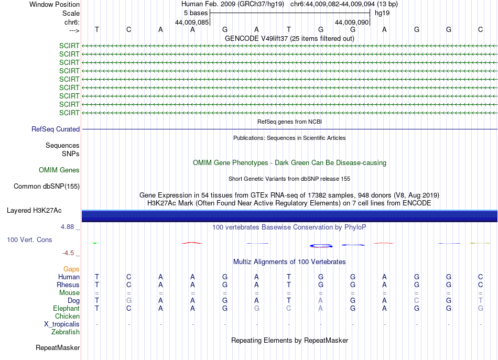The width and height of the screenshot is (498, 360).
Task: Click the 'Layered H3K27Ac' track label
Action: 34,211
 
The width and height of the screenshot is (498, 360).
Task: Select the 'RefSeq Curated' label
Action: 56,129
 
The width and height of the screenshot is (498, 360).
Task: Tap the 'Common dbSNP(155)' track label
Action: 47,186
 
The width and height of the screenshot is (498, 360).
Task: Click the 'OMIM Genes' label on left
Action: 59,170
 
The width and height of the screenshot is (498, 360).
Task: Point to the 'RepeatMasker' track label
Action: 58,348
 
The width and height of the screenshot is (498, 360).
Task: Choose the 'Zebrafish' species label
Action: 66,332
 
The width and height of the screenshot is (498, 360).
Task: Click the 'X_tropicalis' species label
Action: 62,324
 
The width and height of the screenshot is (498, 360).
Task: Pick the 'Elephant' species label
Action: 67,309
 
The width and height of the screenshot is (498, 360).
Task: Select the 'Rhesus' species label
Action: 68,285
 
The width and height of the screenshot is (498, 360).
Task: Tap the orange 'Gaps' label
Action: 71,269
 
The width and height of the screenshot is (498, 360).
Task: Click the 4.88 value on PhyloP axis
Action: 70,227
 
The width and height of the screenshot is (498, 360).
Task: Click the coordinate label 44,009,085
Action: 192,23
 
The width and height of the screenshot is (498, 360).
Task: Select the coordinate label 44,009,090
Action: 352,23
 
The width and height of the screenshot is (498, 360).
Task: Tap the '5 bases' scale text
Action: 196,13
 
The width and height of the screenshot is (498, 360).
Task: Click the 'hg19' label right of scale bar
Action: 382,13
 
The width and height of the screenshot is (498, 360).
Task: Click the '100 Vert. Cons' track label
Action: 29,239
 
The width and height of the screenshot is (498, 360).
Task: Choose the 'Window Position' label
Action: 55,4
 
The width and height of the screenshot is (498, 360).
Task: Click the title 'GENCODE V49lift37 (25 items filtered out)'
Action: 289,38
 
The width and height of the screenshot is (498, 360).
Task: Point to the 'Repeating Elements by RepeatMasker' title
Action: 289,341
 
